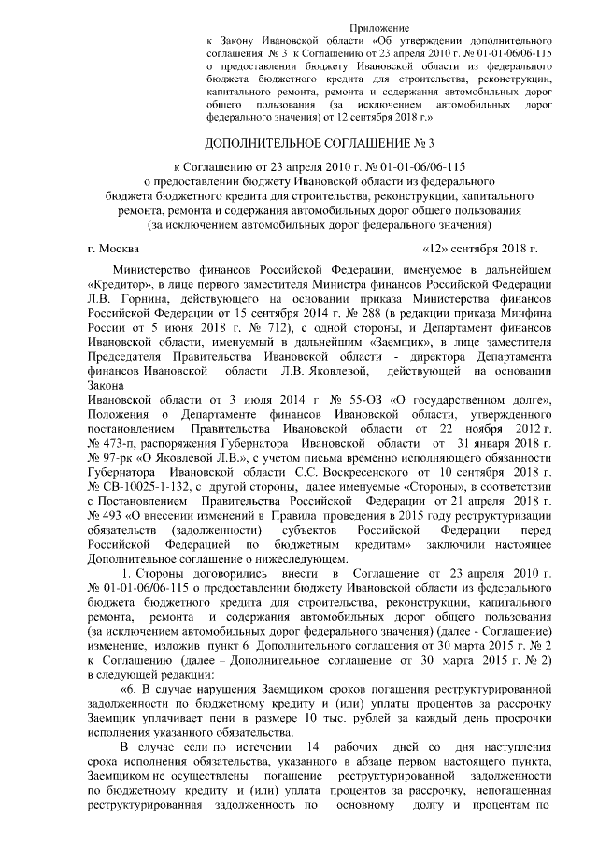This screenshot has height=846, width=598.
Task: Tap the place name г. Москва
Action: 112,249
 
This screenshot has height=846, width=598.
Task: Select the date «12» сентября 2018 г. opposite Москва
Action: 480,249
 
